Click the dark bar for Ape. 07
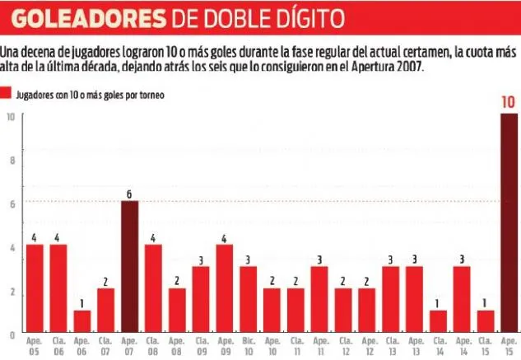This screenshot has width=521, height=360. (129, 266)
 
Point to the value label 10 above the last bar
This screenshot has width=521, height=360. (509, 103)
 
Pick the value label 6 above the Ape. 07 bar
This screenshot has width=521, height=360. (129, 194)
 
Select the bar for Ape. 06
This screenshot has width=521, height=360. (81, 320)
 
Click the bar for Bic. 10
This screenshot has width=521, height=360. (248, 299)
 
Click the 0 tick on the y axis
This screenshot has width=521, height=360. (11, 335)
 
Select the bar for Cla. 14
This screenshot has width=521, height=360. (438, 320)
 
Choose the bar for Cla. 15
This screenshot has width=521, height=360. (486, 320)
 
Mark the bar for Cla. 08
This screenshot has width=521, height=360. (153, 288)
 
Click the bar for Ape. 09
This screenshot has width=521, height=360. (224, 288)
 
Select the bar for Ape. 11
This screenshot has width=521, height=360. (319, 299)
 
